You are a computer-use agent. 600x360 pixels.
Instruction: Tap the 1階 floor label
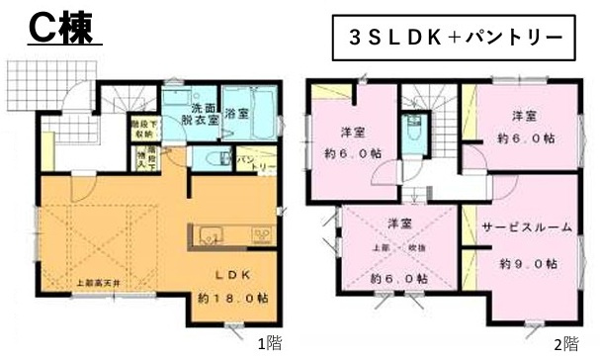(268, 345)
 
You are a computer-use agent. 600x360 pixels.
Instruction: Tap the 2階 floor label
(564, 345)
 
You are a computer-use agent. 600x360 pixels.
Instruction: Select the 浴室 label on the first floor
(236, 114)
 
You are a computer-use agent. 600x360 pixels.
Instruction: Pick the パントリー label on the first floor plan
(246, 162)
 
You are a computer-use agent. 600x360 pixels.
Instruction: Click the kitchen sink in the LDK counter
(212, 234)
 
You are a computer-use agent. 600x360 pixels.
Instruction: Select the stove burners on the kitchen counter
(262, 234)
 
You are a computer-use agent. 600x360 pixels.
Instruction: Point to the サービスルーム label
(527, 227)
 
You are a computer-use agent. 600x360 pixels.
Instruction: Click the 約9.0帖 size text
(526, 264)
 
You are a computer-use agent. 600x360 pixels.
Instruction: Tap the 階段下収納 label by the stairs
(141, 129)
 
